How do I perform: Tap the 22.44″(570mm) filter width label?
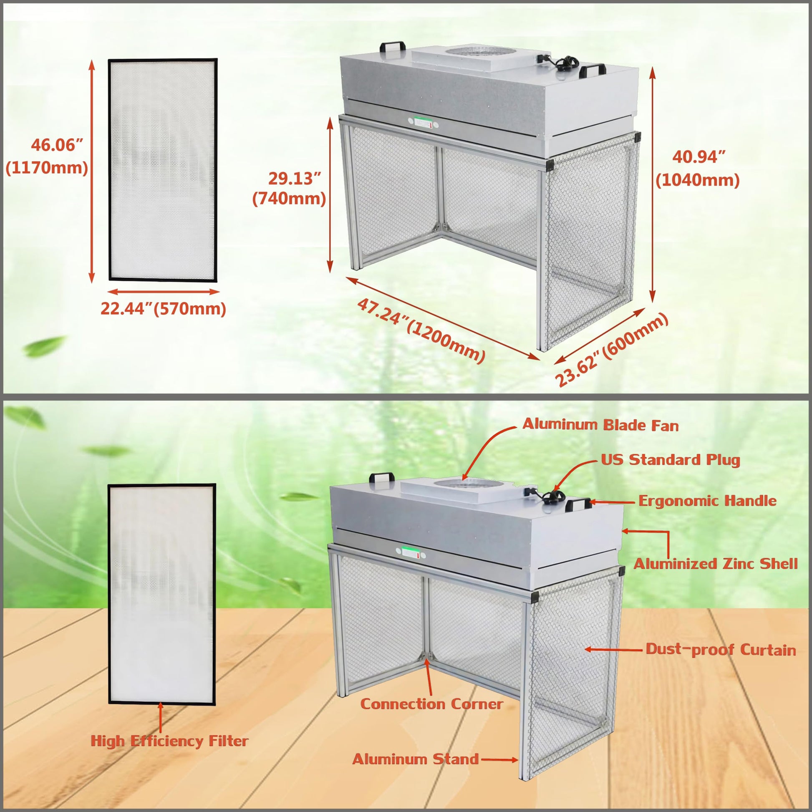click(x=163, y=309)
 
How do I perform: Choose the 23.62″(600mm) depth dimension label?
click(x=612, y=350)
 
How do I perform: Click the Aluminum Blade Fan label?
click(x=600, y=424)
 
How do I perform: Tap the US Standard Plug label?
click(x=671, y=460)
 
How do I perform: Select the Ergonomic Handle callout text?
click(x=707, y=501)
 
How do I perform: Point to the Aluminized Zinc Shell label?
click(x=716, y=564)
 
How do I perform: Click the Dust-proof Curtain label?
click(x=721, y=649)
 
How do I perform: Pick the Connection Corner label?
click(x=431, y=704)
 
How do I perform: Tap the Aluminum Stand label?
click(x=416, y=759)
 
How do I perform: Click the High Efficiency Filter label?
click(x=169, y=741)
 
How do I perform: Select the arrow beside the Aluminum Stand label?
click(x=499, y=759)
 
